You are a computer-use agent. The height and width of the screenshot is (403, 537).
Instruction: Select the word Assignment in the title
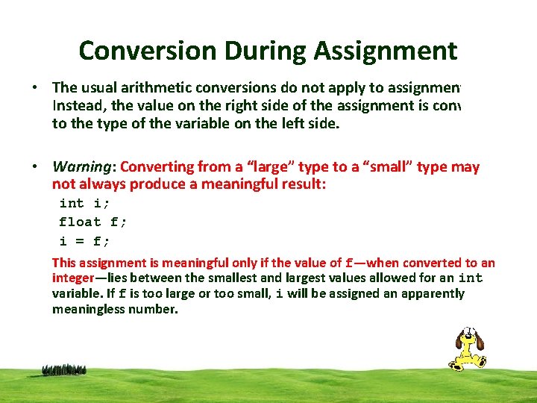(385, 51)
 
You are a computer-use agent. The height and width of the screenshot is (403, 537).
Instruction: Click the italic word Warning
(83, 167)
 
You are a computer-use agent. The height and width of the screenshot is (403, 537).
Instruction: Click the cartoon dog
(466, 348)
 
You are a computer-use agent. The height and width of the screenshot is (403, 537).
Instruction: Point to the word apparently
(433, 293)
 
